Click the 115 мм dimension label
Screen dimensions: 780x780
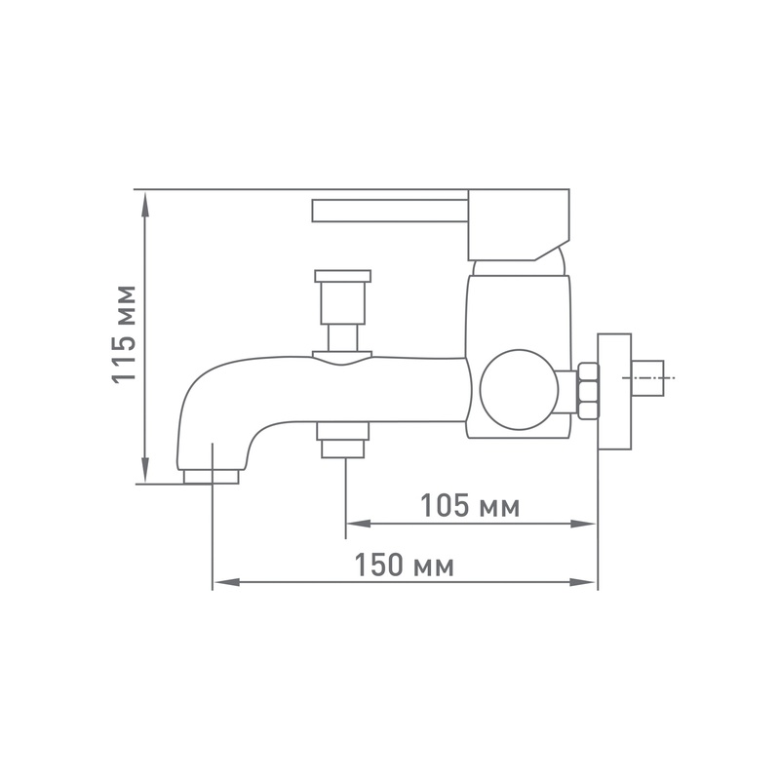[123, 334]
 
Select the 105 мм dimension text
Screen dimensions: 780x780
[470, 505]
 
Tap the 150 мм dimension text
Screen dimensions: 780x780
[404, 565]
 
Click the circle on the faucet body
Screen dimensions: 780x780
[519, 389]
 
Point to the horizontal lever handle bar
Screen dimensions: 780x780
[390, 211]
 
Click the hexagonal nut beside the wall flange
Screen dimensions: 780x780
[588, 391]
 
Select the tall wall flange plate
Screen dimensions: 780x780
[614, 392]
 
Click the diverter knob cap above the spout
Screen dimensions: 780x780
[343, 276]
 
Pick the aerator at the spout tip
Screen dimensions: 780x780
[211, 477]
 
